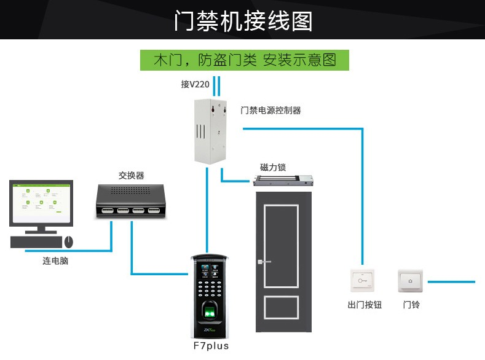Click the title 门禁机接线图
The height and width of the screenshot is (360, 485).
click(x=243, y=21)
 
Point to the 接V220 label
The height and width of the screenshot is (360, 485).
click(x=195, y=85)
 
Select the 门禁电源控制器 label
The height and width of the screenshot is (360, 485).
click(x=270, y=111)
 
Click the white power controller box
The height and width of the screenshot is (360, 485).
click(x=210, y=131)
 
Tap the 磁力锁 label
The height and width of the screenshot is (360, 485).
click(x=273, y=167)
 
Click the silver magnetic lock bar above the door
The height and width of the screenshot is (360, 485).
click(x=284, y=181)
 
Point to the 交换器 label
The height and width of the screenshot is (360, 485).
click(x=132, y=176)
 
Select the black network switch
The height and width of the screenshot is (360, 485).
click(x=132, y=201)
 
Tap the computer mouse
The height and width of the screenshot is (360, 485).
click(x=69, y=242)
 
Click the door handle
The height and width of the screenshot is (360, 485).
click(x=264, y=262)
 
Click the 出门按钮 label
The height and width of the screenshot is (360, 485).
click(x=365, y=304)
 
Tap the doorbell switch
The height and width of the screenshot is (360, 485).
click(x=411, y=281)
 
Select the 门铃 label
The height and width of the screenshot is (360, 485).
click(x=411, y=304)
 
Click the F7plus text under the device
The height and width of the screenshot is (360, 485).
click(x=211, y=346)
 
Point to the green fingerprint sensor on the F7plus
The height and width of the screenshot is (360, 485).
click(x=210, y=313)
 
